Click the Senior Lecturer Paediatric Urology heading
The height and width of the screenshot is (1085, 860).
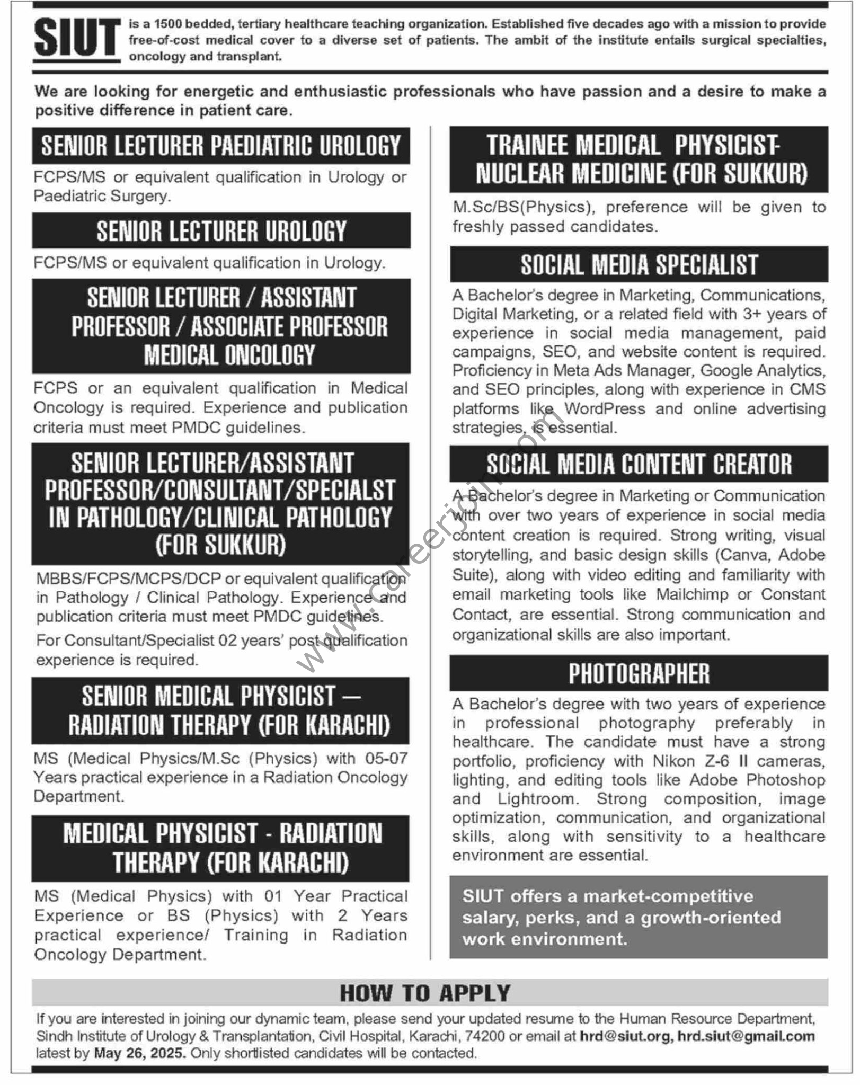point(221,146)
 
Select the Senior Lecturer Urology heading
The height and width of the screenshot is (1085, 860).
point(221,231)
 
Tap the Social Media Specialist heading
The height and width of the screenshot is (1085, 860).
point(639,264)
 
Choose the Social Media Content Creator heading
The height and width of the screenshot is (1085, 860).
point(639,464)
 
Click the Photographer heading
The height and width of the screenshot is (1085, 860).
point(639,673)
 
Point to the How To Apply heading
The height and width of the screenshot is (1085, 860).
point(425,993)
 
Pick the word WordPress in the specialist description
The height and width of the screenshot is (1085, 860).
point(605,409)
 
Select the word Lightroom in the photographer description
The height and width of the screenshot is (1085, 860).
point(536,798)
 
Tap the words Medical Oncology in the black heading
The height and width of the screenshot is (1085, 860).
point(229,355)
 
